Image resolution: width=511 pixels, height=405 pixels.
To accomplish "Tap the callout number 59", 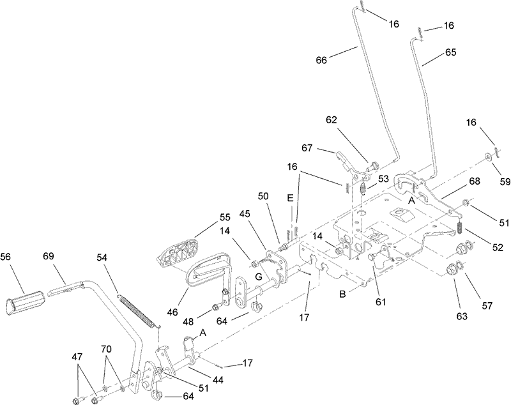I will pos(505,182).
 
